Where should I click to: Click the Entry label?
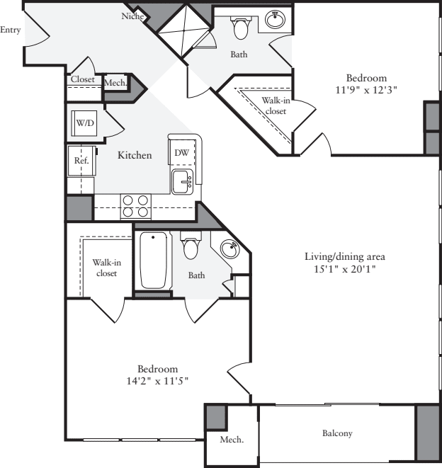[10, 30]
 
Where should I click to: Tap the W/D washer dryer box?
[85, 124]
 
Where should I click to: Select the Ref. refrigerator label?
[80, 161]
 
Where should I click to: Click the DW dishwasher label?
[181, 152]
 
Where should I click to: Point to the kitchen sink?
[183, 182]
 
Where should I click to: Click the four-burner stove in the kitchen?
[136, 205]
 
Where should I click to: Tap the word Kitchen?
[135, 155]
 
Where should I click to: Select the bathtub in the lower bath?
[153, 260]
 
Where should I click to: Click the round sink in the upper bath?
[276, 20]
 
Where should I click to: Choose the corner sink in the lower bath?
[229, 249]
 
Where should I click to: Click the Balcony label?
[337, 433]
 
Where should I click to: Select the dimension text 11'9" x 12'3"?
[365, 90]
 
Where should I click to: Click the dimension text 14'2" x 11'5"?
[157, 381]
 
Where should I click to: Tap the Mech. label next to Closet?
[115, 83]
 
